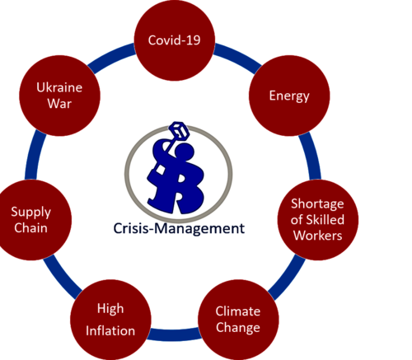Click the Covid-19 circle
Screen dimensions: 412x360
point(175,40)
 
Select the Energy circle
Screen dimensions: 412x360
point(289,96)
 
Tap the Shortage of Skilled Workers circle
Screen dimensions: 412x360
point(318,220)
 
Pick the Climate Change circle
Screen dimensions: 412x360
point(238,320)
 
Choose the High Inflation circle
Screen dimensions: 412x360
point(110,320)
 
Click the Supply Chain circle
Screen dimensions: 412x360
point(31,220)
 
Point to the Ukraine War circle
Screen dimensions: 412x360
point(59,96)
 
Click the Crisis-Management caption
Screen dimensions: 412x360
point(179,228)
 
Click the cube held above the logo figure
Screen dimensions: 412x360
point(179,130)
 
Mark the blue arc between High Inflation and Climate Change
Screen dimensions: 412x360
point(175,334)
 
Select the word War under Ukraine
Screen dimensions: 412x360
point(59,104)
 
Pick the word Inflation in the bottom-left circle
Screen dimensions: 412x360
point(110,330)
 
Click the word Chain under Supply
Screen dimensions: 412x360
point(30,228)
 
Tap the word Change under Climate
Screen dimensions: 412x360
point(238,328)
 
